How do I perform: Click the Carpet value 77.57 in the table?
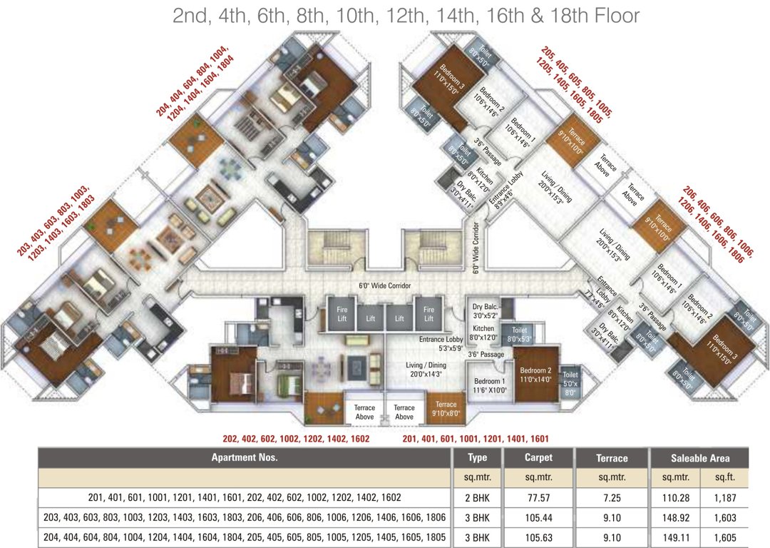pyautogui.click(x=538, y=497)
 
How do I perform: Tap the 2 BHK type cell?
pyautogui.click(x=477, y=497)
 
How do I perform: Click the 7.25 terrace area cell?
pyautogui.click(x=611, y=497)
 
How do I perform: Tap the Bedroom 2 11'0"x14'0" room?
pyautogui.click(x=535, y=375)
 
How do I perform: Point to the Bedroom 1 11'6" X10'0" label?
pyautogui.click(x=489, y=385)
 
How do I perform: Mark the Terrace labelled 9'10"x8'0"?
pyautogui.click(x=446, y=409)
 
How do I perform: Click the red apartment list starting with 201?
pyautogui.click(x=476, y=439)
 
